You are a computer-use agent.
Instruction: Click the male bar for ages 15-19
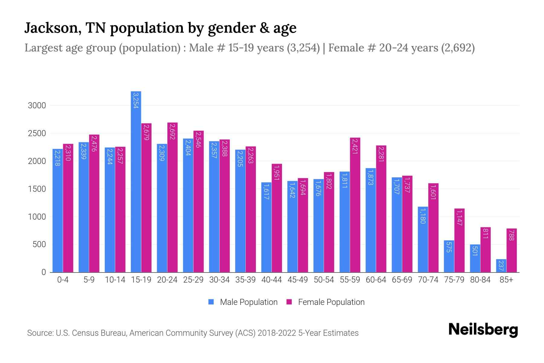(x=136, y=181)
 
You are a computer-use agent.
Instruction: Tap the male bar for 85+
(x=501, y=266)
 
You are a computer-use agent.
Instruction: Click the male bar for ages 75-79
(x=449, y=256)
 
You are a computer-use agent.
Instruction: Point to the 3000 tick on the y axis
(x=37, y=106)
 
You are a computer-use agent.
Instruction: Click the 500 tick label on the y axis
(x=39, y=244)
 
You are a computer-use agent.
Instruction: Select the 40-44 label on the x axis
(x=271, y=280)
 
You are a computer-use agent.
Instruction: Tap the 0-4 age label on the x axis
(x=63, y=280)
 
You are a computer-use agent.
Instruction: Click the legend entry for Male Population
(x=248, y=302)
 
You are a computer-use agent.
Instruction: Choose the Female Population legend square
(x=289, y=302)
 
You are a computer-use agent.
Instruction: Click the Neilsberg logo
(x=483, y=330)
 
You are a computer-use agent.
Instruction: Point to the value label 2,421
(x=355, y=146)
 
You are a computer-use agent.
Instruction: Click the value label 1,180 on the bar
(x=423, y=216)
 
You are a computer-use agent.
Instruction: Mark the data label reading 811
(x=485, y=234)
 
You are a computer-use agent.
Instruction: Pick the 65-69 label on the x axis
(x=402, y=280)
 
